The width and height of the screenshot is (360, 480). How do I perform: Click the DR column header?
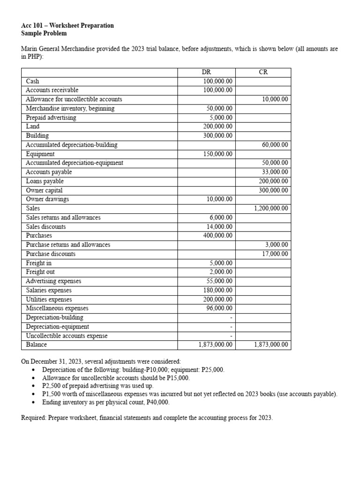pyautogui.click(x=206, y=72)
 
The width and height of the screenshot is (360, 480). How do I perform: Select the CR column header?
pyautogui.click(x=263, y=72)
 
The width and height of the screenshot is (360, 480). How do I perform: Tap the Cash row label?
pyautogui.click(x=33, y=81)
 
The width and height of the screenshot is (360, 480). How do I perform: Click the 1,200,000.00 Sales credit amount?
pyautogui.click(x=271, y=209)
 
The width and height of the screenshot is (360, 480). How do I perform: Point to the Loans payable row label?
pyautogui.click(x=45, y=181)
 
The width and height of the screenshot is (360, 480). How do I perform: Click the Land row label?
pyautogui.click(x=33, y=127)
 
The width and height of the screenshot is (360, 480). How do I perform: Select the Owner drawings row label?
pyautogui.click(x=47, y=199)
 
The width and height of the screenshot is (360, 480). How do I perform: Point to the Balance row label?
pyautogui.click(x=37, y=345)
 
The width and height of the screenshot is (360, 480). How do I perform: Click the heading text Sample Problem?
pyautogui.click(x=44, y=33)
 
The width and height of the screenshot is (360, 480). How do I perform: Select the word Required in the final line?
pyautogui.click(x=34, y=417)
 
